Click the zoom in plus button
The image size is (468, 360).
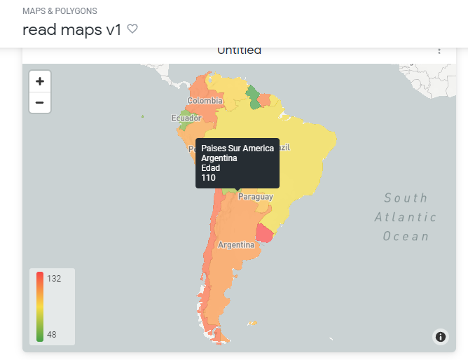[x=39, y=81]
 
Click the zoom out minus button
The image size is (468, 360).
[x=39, y=102]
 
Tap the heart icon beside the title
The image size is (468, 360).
[x=132, y=29]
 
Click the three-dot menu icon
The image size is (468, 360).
[x=439, y=50]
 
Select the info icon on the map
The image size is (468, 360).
[x=441, y=337]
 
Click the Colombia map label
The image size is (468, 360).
[x=205, y=101]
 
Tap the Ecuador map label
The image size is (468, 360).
[x=186, y=118]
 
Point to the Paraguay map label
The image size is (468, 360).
[x=256, y=197]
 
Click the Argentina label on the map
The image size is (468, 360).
[x=236, y=245]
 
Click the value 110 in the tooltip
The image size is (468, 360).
[x=209, y=178]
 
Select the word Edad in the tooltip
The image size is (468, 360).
[x=211, y=168]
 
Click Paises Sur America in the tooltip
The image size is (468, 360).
[x=238, y=148]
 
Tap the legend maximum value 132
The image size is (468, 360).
[x=54, y=278]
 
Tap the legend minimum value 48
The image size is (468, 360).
[x=52, y=334]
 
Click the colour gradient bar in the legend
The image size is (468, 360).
[x=40, y=306]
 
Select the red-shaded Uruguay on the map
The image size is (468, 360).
[x=265, y=233]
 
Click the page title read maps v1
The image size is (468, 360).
[x=72, y=29]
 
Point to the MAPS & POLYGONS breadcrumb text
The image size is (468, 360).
[x=60, y=11]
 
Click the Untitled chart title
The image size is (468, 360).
[x=239, y=50]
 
